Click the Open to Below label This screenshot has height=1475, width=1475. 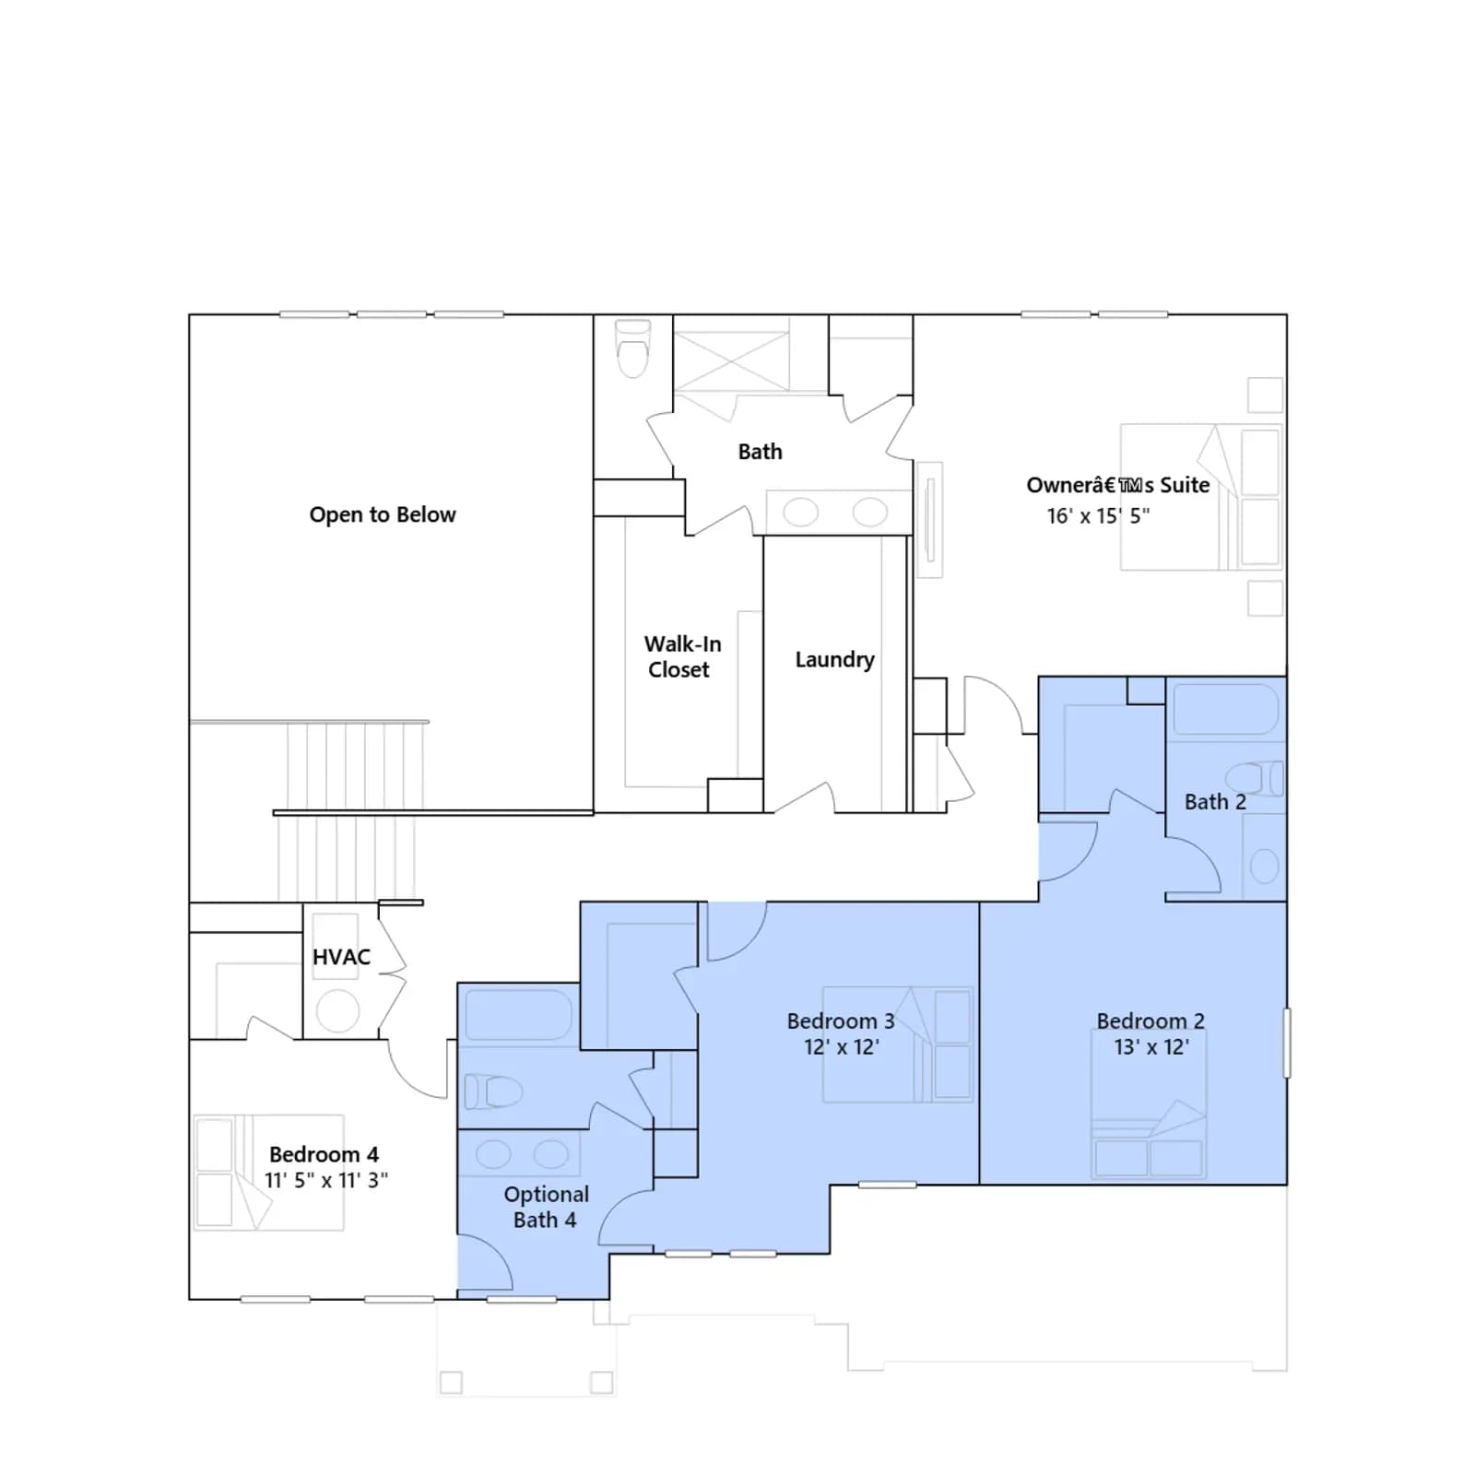383,514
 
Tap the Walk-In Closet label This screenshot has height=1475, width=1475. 682,656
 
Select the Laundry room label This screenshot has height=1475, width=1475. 834,659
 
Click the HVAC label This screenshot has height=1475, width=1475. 341,957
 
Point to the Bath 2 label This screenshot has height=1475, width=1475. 1215,802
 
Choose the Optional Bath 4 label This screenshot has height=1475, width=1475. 546,1207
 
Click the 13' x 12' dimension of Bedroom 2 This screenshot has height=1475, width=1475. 1151,1047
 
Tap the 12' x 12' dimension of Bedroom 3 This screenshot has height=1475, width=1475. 842,1047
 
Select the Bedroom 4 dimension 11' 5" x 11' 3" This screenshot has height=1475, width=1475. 326,1180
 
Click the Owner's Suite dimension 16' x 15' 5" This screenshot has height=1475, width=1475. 1098,516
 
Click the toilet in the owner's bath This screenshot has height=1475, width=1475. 632,348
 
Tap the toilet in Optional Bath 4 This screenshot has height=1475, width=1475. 493,1091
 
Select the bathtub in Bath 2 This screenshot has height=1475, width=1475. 1225,709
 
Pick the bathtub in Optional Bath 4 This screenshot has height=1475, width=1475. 518,1015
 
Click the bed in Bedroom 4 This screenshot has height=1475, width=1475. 268,1173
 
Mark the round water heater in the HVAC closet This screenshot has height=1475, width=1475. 337,1011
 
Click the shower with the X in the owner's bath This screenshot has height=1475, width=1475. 731,360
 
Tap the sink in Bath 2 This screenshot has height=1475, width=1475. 1264,866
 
